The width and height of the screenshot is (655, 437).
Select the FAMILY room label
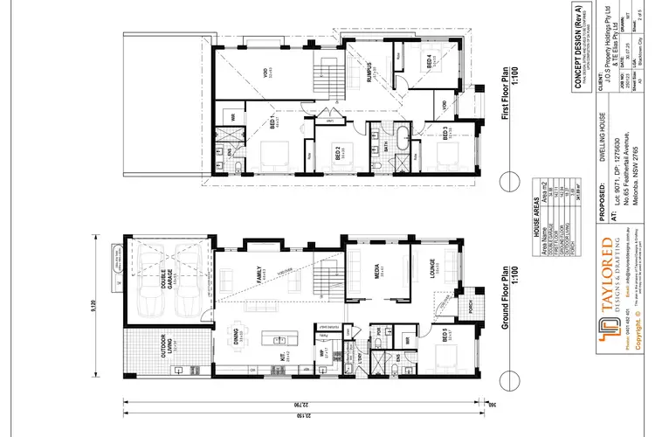[x=259, y=279]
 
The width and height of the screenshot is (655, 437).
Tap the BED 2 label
[x=337, y=154]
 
